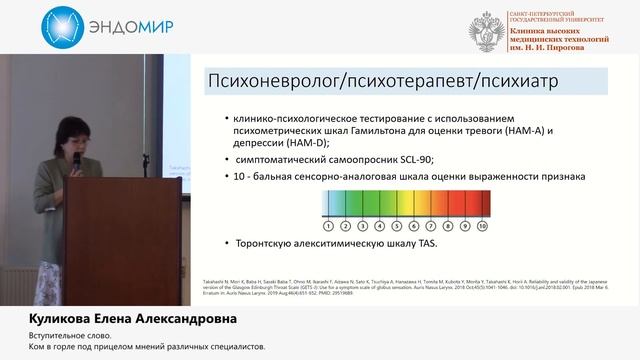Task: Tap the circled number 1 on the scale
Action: [327, 226]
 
